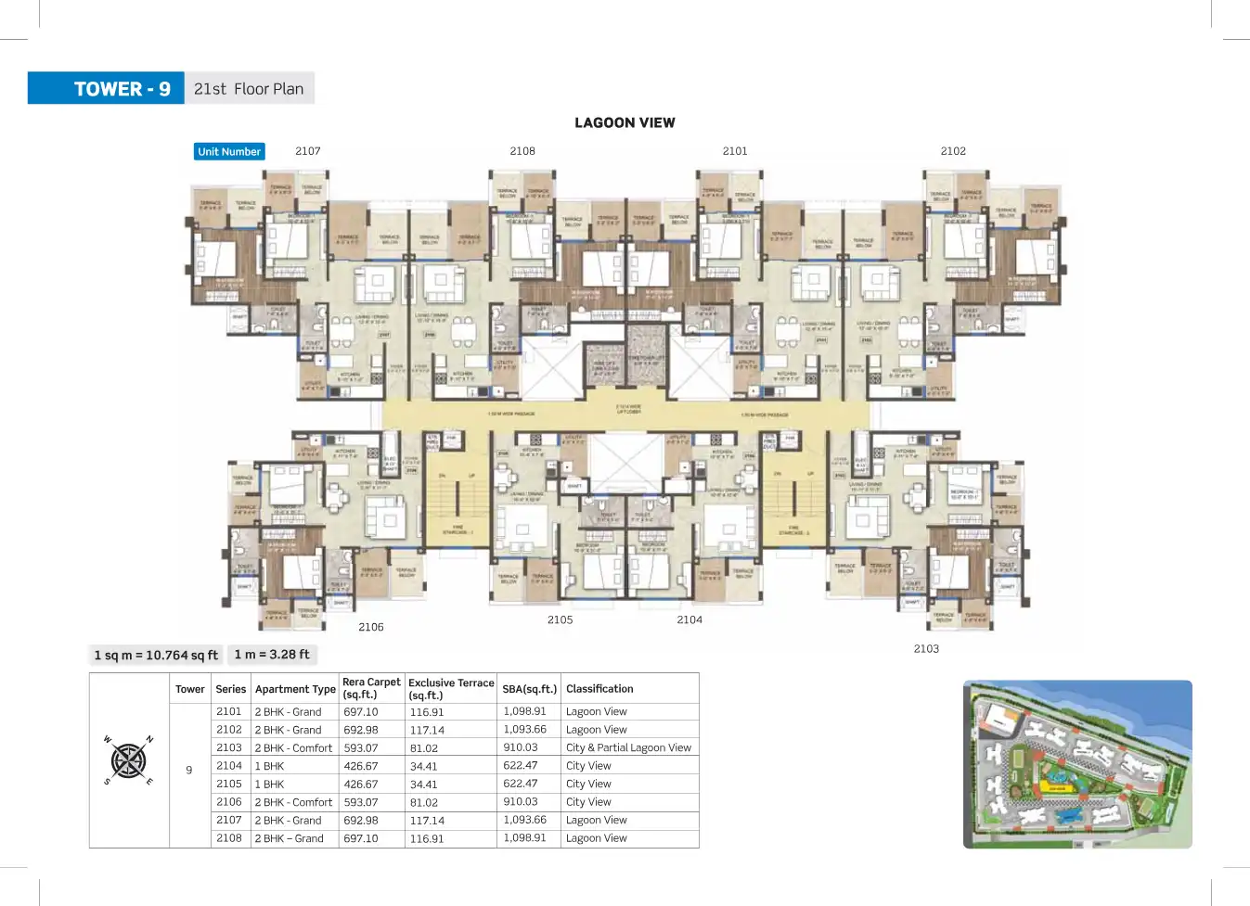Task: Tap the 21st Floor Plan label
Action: point(249,89)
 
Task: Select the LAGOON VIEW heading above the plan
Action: point(625,122)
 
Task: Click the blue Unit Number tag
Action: point(229,151)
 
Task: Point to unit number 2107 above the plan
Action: point(308,151)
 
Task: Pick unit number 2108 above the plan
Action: point(522,151)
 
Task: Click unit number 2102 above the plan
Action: point(953,151)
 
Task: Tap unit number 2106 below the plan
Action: point(371,627)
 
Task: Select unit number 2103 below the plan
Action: point(926,649)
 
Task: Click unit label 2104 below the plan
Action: point(689,619)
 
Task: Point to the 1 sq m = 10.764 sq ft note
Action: point(156,655)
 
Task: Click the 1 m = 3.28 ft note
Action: point(272,655)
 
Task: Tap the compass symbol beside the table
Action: point(128,760)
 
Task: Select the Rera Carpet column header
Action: point(371,688)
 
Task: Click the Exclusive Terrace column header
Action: point(451,688)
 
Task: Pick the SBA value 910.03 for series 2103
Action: point(521,747)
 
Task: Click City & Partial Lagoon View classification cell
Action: point(628,747)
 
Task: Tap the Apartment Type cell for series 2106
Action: point(293,802)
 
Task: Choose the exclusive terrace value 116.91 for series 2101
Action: point(427,712)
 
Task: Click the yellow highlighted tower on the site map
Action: point(1056,787)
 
